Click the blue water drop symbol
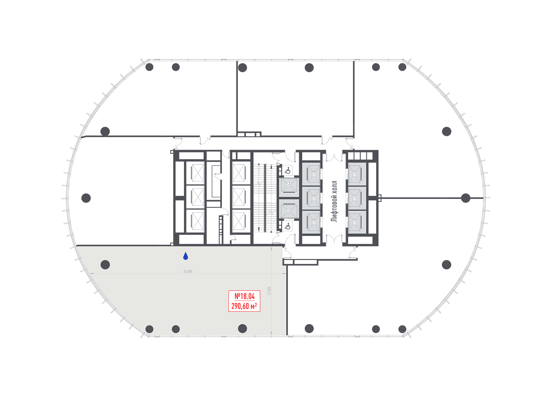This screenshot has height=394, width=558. (186, 256)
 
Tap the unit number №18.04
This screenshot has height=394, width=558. (244, 296)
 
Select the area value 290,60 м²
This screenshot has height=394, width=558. (244, 306)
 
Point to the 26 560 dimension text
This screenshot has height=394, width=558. (188, 271)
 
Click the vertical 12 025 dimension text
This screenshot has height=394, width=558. (269, 291)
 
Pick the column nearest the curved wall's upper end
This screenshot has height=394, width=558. (105, 265)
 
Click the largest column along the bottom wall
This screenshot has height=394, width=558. (242, 329)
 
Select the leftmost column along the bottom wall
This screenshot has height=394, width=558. (150, 329)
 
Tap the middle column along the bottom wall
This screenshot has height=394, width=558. (176, 329)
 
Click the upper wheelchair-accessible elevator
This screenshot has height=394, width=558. (289, 187)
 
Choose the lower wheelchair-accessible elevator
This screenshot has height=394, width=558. (289, 209)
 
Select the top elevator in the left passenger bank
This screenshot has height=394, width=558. (311, 174)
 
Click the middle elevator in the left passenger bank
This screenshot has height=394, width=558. (311, 198)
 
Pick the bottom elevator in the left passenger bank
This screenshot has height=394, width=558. (311, 222)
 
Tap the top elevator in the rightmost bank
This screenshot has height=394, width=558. (357, 174)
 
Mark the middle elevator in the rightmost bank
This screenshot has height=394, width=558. (357, 198)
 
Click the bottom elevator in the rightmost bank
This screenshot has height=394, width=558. (357, 222)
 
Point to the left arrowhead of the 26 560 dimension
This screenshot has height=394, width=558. (92, 274)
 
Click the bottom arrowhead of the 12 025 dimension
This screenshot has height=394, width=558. (271, 333)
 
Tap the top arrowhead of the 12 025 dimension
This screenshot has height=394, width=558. (271, 248)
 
